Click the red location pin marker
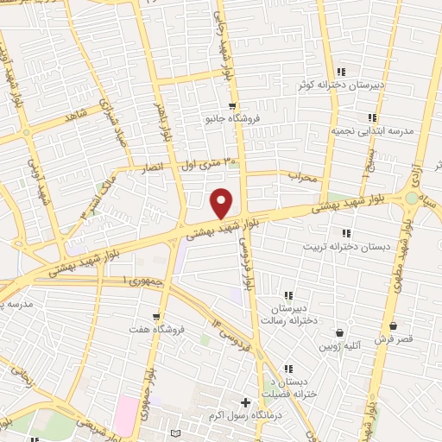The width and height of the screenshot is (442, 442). (222, 203)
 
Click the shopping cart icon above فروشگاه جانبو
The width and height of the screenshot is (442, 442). (231, 105)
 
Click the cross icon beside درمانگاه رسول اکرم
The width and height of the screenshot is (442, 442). (246, 403)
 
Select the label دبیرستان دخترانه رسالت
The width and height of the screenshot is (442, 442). (294, 313)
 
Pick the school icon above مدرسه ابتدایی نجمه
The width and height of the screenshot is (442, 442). (372, 117)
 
